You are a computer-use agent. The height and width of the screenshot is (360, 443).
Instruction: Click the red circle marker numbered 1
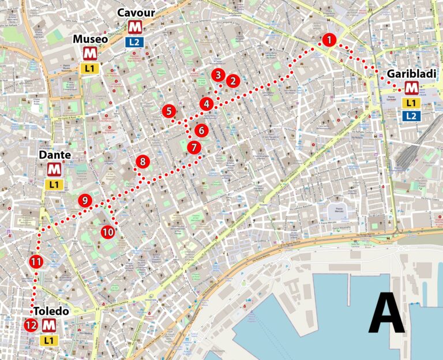[329, 40]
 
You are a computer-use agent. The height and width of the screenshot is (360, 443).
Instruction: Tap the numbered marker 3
[217, 75]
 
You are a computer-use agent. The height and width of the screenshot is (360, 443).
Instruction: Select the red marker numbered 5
[168, 111]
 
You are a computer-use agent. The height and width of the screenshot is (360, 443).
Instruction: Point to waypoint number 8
[142, 162]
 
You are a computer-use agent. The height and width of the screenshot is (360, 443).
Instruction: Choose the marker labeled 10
[108, 231]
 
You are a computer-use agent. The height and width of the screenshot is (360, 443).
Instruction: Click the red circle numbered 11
[36, 261]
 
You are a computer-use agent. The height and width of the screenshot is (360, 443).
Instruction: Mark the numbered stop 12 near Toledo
[31, 325]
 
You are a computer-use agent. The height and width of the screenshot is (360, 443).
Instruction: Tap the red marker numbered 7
[194, 147]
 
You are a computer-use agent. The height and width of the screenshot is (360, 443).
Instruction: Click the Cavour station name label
[134, 13]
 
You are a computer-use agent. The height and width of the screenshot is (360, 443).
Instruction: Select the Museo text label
[89, 40]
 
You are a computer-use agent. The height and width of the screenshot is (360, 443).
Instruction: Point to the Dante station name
[55, 155]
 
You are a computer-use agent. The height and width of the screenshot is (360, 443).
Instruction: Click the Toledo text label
[51, 311]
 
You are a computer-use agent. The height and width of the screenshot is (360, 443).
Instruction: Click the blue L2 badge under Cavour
[134, 42]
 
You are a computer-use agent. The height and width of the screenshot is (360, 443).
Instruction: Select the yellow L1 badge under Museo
[90, 69]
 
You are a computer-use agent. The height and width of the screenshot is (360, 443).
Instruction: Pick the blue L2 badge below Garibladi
[411, 115]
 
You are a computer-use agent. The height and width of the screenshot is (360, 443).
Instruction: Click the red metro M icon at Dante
[54, 170]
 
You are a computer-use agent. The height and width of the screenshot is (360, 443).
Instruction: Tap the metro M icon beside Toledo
[49, 325]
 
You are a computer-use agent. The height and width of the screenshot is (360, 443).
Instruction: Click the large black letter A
[387, 313]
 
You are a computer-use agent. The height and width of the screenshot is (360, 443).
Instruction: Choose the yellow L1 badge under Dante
[54, 185]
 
